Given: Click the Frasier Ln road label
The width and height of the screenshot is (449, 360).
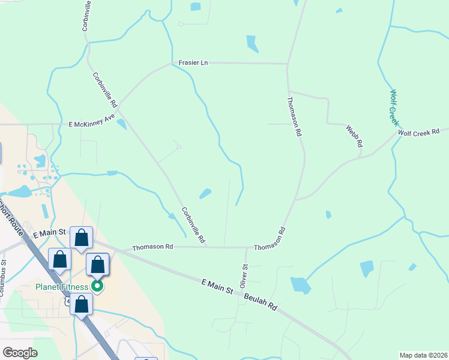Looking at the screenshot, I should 193,62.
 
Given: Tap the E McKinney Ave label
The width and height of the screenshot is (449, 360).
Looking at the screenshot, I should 92,120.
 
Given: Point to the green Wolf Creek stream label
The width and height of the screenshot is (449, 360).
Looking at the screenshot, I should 394,107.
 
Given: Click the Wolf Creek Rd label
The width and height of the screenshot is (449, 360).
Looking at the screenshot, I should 419,131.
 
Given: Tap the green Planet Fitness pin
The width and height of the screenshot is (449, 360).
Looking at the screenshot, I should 96,287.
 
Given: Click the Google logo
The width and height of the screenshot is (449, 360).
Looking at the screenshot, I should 19,353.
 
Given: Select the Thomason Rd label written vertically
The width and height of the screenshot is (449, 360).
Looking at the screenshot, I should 294,116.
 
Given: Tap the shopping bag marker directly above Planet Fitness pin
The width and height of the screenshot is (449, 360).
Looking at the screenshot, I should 97,265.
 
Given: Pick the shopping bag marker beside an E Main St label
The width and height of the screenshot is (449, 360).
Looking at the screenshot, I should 81,238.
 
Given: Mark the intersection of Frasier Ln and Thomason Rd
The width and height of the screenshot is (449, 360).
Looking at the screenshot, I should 288,63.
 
